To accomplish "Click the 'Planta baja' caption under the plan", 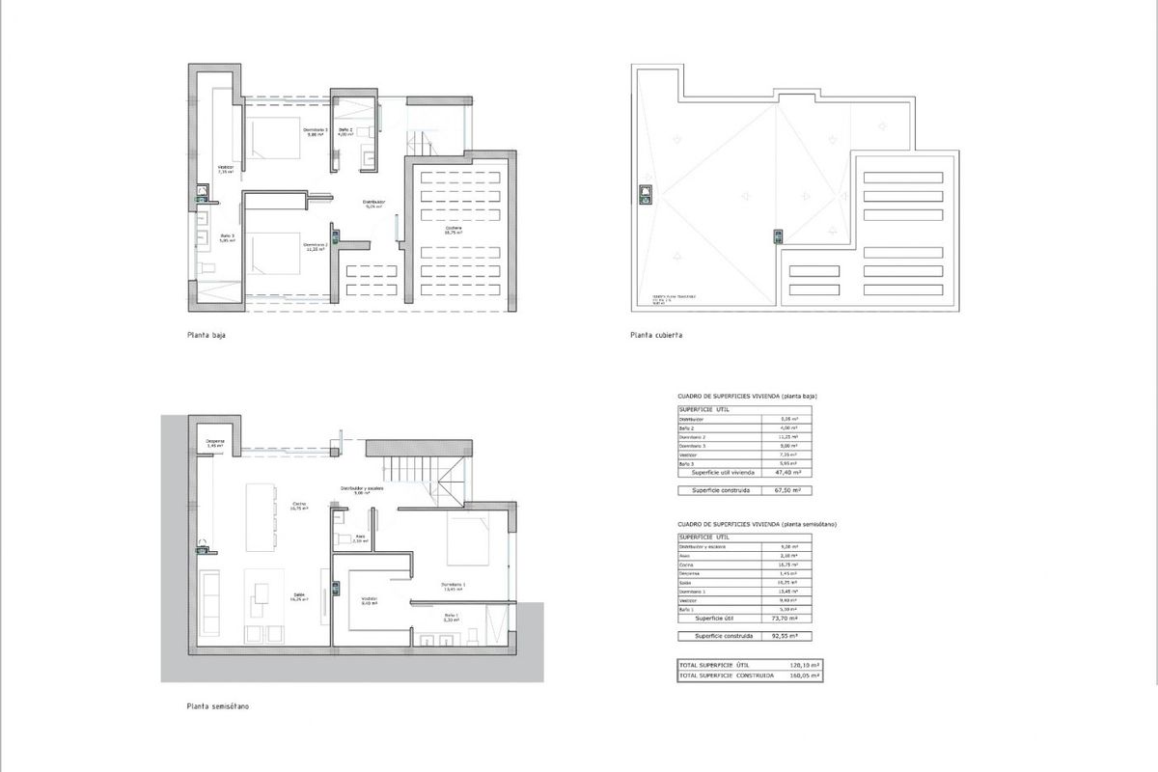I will click(207, 336).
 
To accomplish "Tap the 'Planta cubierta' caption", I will click(656, 336).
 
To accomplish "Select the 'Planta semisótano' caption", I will click(217, 706).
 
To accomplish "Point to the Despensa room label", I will click(215, 443).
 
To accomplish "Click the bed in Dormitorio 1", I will click(470, 539).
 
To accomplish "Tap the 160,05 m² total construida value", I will click(804, 676).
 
